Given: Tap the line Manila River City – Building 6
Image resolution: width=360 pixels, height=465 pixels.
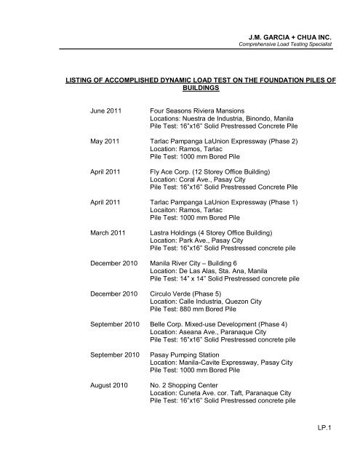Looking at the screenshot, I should (204, 265).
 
